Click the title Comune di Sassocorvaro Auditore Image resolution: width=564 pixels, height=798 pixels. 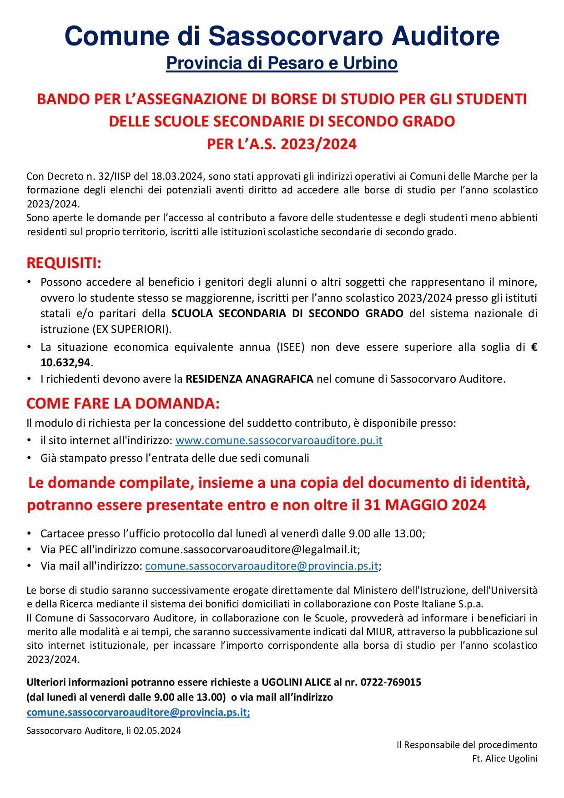point(282,36)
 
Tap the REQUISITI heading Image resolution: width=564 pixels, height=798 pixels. point(64,263)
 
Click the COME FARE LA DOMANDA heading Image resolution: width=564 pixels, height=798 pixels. point(123,404)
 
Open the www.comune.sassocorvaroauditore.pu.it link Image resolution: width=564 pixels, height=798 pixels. point(278,440)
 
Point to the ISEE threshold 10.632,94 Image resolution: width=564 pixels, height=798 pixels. point(66,363)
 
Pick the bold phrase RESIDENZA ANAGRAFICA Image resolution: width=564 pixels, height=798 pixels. point(249,379)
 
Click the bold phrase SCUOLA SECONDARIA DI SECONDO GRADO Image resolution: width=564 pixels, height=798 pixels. point(287,314)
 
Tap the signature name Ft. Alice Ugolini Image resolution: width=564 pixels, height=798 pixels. point(505,758)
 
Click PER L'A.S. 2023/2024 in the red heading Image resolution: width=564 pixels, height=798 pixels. point(282,144)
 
